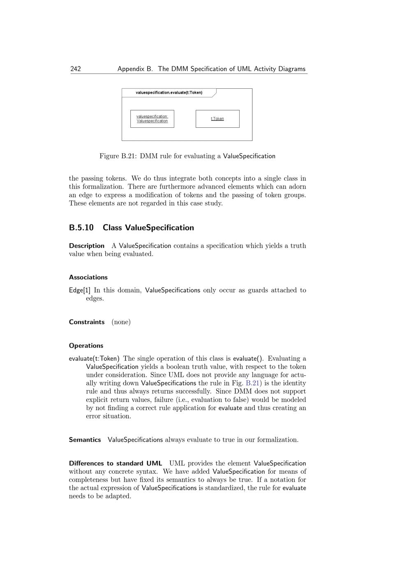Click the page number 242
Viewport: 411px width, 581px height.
click(x=76, y=69)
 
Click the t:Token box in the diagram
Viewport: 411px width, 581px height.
click(x=217, y=119)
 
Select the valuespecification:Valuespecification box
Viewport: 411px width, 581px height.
click(x=152, y=119)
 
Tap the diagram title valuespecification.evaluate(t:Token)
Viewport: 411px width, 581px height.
click(x=169, y=93)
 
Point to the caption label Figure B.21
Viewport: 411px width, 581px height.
click(x=118, y=156)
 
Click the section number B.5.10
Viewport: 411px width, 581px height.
click(x=81, y=228)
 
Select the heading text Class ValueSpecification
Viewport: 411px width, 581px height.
click(x=148, y=228)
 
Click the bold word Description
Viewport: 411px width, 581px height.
click(x=87, y=246)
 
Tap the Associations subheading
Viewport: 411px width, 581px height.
click(x=88, y=277)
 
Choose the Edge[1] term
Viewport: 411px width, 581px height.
click(x=80, y=290)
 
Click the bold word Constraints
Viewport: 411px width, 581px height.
click(x=87, y=322)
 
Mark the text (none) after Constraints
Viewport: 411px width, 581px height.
click(x=121, y=322)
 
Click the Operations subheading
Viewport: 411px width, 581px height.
click(x=86, y=346)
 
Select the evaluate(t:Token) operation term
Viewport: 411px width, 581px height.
click(x=94, y=359)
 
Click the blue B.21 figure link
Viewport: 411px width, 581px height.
click(x=252, y=383)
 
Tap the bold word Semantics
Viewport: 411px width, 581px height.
click(x=85, y=440)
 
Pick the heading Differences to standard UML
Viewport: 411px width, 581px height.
click(x=115, y=463)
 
